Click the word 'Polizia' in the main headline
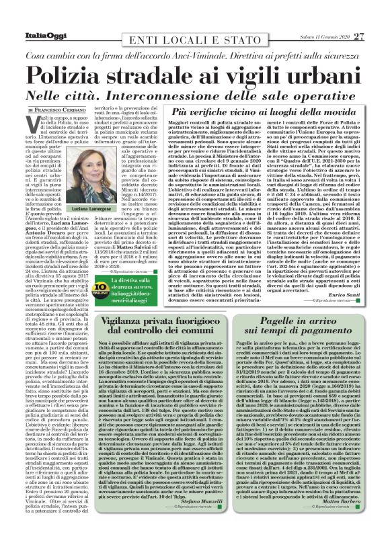pos(68,73)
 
